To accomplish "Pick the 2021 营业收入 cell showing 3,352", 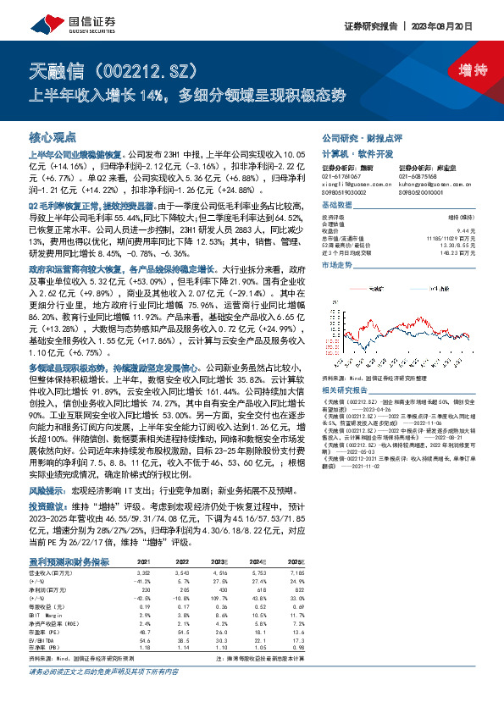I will (x=144, y=549).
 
